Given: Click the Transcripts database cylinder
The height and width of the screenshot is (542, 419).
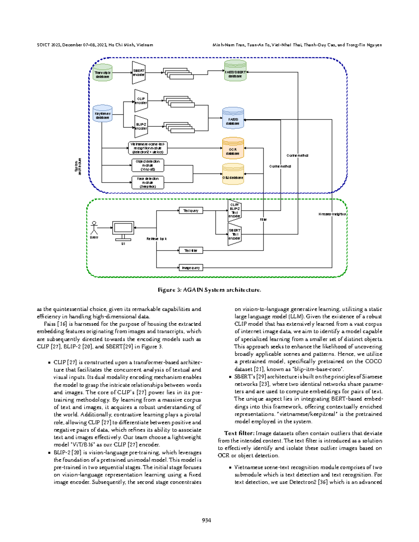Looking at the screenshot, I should coord(102,73).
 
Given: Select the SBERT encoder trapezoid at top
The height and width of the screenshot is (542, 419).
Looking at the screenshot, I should coord(139,73).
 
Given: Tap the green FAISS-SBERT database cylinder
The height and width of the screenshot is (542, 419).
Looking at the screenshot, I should coord(235,71).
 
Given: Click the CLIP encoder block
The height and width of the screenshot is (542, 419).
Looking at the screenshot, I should coord(141,101).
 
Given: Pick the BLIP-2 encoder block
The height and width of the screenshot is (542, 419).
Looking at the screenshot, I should coord(141,126).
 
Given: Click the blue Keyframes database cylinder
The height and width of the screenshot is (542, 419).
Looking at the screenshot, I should coord(102,114).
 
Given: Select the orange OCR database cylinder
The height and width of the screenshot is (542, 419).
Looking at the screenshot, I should coord(233,148).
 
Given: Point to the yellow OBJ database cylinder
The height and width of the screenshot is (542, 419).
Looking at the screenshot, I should coord(233,174).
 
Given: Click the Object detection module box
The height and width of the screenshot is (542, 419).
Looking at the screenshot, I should coord(148,165).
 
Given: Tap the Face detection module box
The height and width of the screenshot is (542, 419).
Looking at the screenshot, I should coord(148,183).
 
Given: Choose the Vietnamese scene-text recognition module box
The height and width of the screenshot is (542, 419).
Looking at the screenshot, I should coord(148,148).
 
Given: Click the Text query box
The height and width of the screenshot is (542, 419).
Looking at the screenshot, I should coord(191,210).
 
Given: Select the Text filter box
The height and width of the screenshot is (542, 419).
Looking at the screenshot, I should coord(191,250).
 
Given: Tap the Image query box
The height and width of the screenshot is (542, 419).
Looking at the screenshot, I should coord(191,268).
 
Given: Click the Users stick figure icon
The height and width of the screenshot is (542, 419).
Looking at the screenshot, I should coord(94,228).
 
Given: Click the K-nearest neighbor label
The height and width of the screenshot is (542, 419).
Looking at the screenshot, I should coord(332,214).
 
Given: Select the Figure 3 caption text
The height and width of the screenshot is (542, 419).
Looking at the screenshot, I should coord(209,290).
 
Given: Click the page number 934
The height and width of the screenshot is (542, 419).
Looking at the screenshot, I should coord(206,520).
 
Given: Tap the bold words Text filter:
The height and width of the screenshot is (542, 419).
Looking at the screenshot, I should coord(239,433).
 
